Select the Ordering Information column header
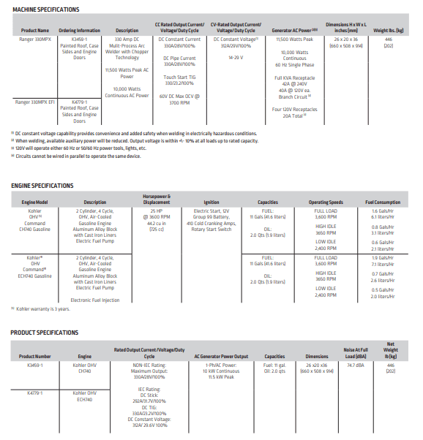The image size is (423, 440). click(79, 30)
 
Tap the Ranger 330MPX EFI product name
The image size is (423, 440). click(32, 102)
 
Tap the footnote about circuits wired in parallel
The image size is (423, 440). click(76, 155)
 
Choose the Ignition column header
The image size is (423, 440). click(211, 202)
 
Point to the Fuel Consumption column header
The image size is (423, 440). click(383, 202)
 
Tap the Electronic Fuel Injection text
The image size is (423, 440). click(94, 300)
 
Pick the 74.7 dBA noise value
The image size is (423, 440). click(356, 365)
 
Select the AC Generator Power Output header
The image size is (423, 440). click(222, 356)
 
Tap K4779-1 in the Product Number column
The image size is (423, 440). click(34, 393)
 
